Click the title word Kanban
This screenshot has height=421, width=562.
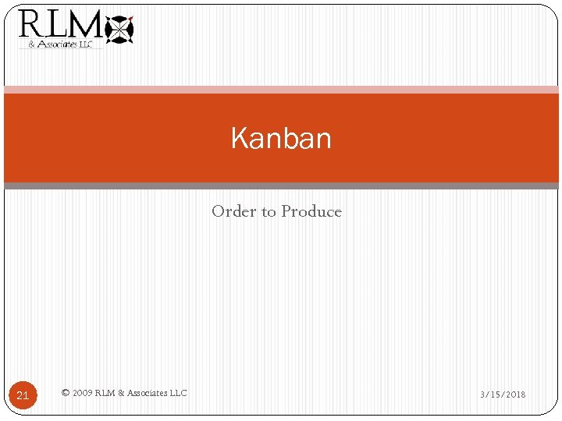(x=281, y=139)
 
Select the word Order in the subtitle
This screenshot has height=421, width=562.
(x=229, y=211)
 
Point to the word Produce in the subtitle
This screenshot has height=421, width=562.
(x=311, y=211)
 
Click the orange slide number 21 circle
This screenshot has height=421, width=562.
(x=23, y=395)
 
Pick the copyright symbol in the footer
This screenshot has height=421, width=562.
(x=65, y=393)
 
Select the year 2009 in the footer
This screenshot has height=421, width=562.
(x=81, y=393)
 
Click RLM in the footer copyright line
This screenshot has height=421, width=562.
(x=105, y=393)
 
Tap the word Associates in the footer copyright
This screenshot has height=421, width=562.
(x=146, y=393)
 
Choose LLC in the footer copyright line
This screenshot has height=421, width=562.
(x=178, y=393)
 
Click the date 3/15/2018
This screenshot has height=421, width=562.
(x=503, y=394)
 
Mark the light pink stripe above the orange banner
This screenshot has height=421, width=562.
(x=281, y=90)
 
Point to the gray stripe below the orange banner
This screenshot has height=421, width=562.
(x=281, y=186)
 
